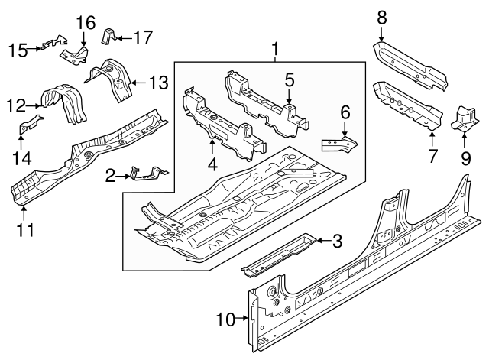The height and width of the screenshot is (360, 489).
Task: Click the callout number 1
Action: (x=274, y=50)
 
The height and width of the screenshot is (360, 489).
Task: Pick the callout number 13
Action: (x=157, y=81)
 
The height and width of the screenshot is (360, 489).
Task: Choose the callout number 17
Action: (x=143, y=36)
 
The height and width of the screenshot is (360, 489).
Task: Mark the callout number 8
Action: (x=382, y=15)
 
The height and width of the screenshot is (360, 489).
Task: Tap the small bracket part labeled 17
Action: (x=109, y=34)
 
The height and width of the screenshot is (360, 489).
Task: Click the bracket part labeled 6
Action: (x=337, y=143)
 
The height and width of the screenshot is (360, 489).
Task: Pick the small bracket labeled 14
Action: (x=28, y=126)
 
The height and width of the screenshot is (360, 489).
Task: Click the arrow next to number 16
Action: (x=83, y=39)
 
